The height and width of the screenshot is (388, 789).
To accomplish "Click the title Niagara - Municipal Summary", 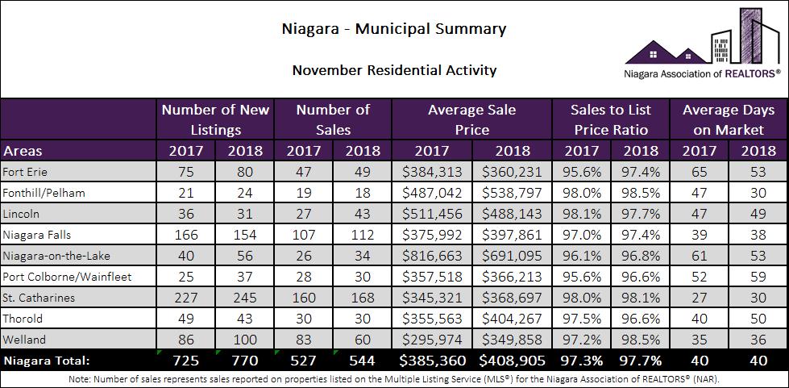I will (x=394, y=29).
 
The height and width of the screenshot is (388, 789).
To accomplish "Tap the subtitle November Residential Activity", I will (x=394, y=70).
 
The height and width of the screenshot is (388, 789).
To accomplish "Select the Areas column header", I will (x=23, y=151).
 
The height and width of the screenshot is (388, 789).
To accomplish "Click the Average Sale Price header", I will (x=471, y=119).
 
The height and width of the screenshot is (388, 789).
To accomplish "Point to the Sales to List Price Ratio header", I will (x=610, y=119).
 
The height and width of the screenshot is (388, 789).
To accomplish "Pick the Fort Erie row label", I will (x=24, y=172).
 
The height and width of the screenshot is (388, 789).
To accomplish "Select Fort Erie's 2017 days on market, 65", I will (x=699, y=172).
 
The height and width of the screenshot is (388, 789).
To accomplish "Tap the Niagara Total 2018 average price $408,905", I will (x=513, y=360).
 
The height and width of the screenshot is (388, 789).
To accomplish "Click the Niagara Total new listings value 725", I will (x=186, y=360).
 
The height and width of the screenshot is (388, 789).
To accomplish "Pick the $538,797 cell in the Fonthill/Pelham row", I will (x=513, y=192).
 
